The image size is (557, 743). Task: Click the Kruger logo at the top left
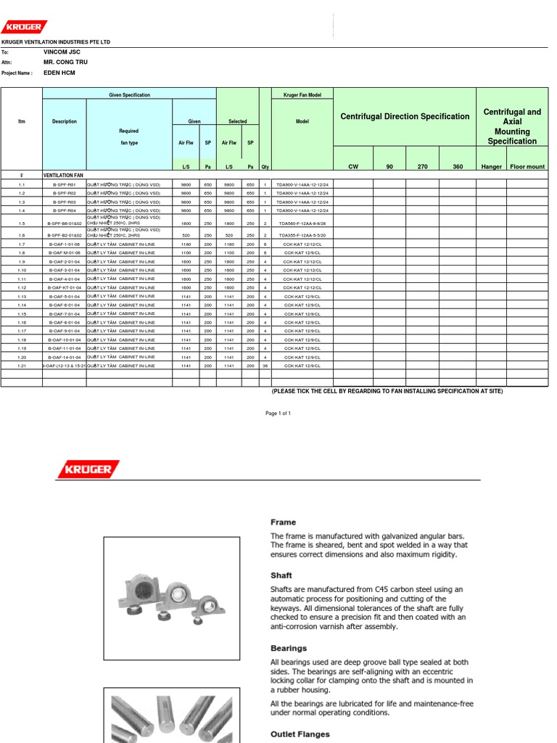(x=24, y=27)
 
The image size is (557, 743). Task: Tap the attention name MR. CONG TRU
(x=66, y=63)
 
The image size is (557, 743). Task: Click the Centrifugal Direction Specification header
(x=405, y=116)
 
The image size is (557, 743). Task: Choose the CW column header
(x=353, y=167)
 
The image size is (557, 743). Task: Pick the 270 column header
(x=422, y=167)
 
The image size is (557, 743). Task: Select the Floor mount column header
(x=527, y=167)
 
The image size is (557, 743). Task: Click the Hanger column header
(x=492, y=167)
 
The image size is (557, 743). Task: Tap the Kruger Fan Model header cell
(x=302, y=95)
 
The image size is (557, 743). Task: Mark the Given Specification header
(x=129, y=95)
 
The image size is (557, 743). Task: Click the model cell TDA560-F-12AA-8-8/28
(x=302, y=223)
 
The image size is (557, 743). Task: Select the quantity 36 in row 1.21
(x=265, y=366)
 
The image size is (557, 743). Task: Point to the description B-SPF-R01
(x=64, y=184)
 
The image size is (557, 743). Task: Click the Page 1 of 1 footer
(x=278, y=413)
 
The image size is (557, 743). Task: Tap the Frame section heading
(x=284, y=522)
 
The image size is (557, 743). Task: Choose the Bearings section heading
(x=289, y=648)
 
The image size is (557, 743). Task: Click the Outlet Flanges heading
(x=300, y=734)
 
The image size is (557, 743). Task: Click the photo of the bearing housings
(x=171, y=596)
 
